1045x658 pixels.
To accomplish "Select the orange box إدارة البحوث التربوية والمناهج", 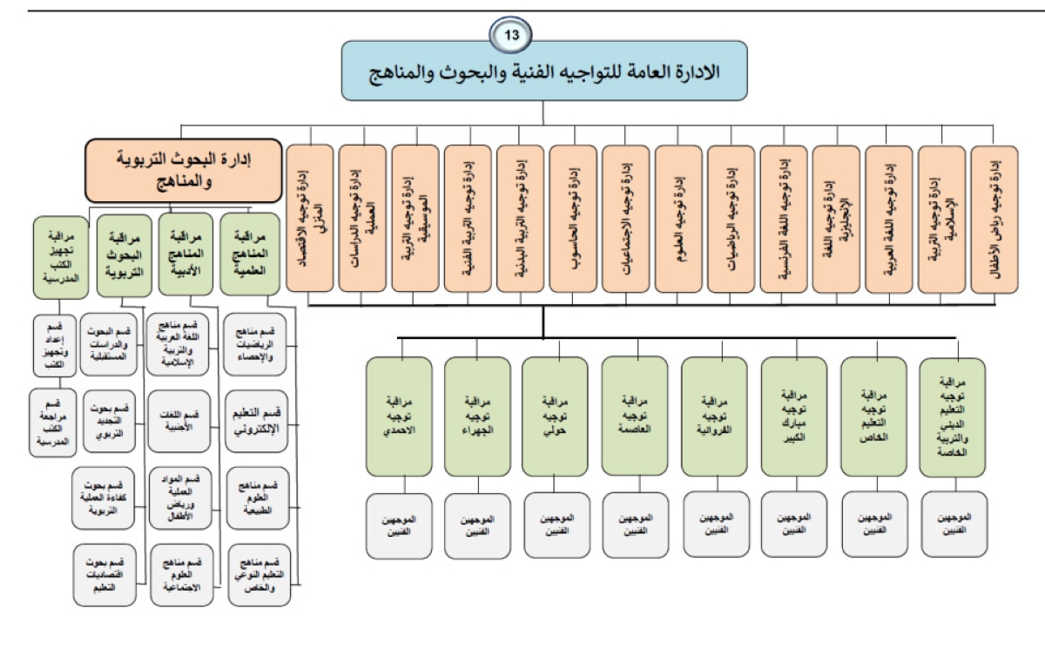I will (x=182, y=171).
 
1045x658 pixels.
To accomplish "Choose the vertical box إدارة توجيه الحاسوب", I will (x=573, y=219).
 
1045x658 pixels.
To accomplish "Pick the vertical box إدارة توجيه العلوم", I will (x=678, y=219).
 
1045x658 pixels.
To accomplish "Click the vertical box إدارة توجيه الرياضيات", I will (x=731, y=219).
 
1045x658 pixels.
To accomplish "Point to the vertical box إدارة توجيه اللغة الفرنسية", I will (x=784, y=219).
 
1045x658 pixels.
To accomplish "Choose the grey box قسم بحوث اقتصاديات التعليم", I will (x=104, y=574).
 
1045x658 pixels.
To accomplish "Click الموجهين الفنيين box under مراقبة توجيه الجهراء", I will (x=477, y=525).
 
